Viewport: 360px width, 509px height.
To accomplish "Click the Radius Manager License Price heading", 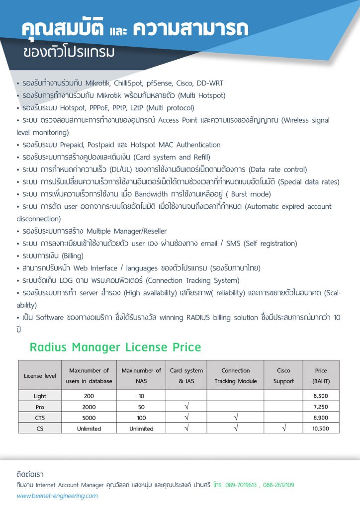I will tap(115, 347).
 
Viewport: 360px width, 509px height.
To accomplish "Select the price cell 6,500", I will tap(321, 396).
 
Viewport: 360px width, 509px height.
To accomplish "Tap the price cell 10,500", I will tap(321, 428).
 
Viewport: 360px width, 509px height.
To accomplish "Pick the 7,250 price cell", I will tap(321, 407).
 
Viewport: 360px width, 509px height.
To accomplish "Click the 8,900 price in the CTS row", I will tap(321, 418).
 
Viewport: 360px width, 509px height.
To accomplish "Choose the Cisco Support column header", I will tap(283, 376).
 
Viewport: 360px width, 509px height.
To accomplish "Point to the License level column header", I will tap(40, 376).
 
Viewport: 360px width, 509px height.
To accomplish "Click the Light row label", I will tap(40, 396).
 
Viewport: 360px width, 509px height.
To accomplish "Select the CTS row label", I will tap(40, 418).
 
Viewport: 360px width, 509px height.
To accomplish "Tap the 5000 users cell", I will tap(89, 418).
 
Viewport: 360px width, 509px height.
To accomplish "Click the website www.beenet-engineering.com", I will tap(57, 496).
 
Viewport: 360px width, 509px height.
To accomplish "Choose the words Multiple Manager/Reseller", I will tap(127, 231).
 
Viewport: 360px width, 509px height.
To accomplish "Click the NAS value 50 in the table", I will tap(141, 407).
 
